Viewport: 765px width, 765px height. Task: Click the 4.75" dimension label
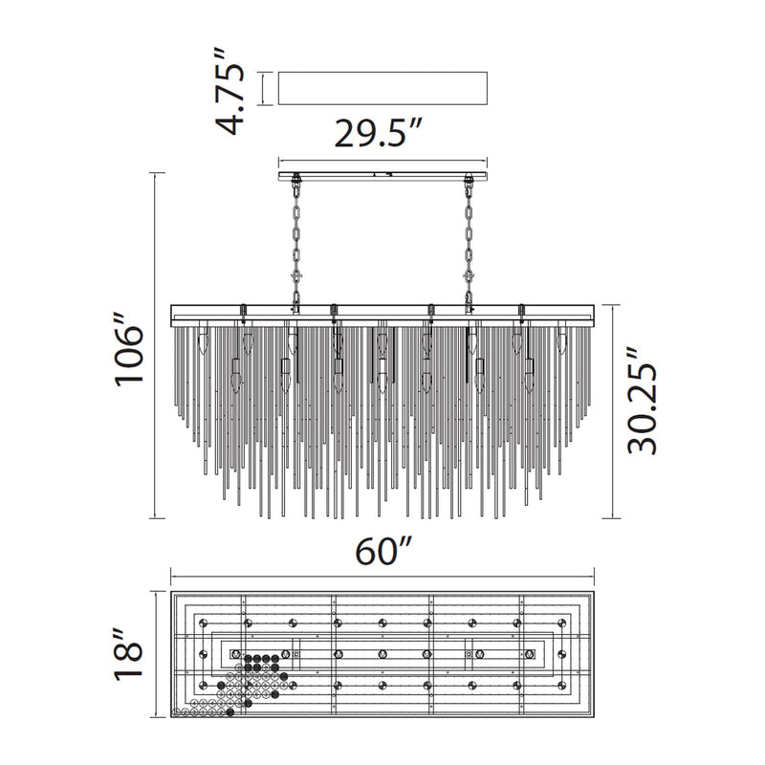[229, 91]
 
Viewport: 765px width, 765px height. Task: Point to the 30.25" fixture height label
[643, 401]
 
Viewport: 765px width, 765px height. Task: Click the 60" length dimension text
[384, 551]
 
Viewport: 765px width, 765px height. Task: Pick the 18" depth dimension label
[130, 654]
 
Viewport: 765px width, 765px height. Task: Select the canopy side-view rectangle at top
[382, 88]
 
